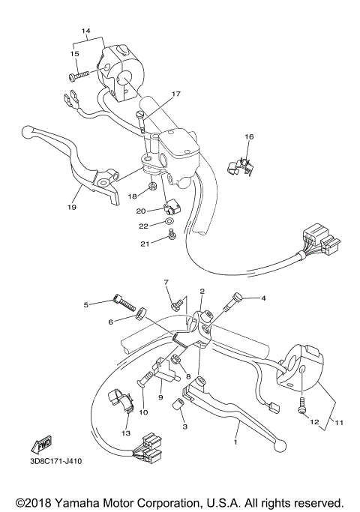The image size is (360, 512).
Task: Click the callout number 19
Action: tap(73, 207)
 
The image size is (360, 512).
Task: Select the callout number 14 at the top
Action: tap(86, 31)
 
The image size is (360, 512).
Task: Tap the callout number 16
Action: tap(249, 137)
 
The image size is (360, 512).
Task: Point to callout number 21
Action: tap(144, 244)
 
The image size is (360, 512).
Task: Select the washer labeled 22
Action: tap(169, 223)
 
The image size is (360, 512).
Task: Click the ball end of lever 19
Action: tap(27, 133)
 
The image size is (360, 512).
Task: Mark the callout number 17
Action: tap(176, 94)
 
